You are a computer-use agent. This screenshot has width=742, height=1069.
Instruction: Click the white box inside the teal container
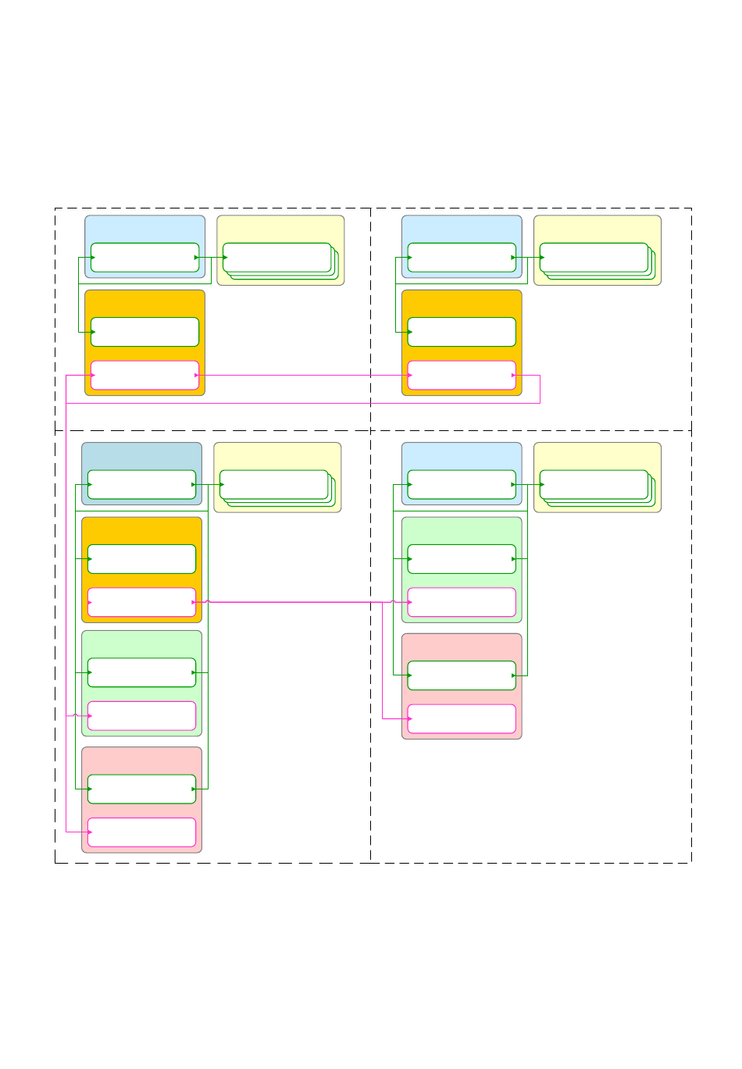[x=141, y=484]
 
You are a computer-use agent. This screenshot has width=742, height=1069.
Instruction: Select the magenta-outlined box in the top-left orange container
[x=144, y=375]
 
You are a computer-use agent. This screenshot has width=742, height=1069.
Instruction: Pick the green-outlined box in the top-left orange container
[x=144, y=332]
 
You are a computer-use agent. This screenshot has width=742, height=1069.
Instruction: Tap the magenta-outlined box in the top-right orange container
[x=462, y=375]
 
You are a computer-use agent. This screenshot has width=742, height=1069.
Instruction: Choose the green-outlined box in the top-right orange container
[x=462, y=332]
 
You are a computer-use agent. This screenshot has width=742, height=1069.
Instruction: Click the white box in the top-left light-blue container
[x=144, y=258]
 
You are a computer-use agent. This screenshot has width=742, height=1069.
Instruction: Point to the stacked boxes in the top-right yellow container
[x=594, y=258]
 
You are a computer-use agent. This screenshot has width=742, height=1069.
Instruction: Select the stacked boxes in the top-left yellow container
[x=277, y=258]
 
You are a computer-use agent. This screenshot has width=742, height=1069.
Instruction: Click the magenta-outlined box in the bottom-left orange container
[x=141, y=602]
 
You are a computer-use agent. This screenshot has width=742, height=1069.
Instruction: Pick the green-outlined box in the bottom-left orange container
[x=141, y=559]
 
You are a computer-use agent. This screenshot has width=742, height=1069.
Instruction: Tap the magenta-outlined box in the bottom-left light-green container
[x=141, y=715]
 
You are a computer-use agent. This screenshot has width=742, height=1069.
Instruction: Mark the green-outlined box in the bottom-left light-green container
[x=141, y=672]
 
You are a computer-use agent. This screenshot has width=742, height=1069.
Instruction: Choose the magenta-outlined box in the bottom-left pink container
[x=141, y=832]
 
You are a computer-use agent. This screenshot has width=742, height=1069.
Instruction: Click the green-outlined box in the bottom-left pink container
[x=141, y=789]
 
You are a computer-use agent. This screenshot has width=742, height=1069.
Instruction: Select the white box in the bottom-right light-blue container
[x=462, y=484]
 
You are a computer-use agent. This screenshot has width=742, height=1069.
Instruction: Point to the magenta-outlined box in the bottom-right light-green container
[x=462, y=602]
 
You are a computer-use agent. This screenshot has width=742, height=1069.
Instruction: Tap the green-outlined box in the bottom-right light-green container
[x=462, y=559]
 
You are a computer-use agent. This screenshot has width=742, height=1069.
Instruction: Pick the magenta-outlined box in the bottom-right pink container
[x=462, y=718]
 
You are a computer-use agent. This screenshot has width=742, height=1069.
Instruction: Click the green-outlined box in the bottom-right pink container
[x=462, y=675]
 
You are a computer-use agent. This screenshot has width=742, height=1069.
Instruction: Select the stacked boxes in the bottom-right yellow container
[x=594, y=484]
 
